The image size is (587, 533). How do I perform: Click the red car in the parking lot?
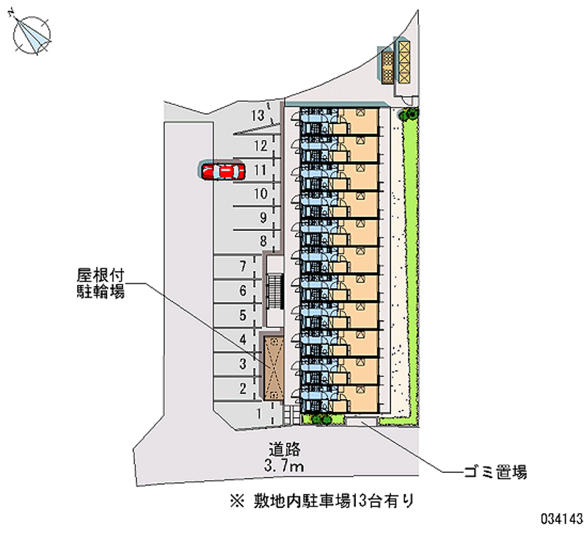point(222,172)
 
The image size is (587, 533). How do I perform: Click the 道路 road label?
point(285,449)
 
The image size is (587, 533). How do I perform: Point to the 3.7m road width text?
point(285,466)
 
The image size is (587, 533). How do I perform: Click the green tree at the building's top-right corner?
point(409,114)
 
